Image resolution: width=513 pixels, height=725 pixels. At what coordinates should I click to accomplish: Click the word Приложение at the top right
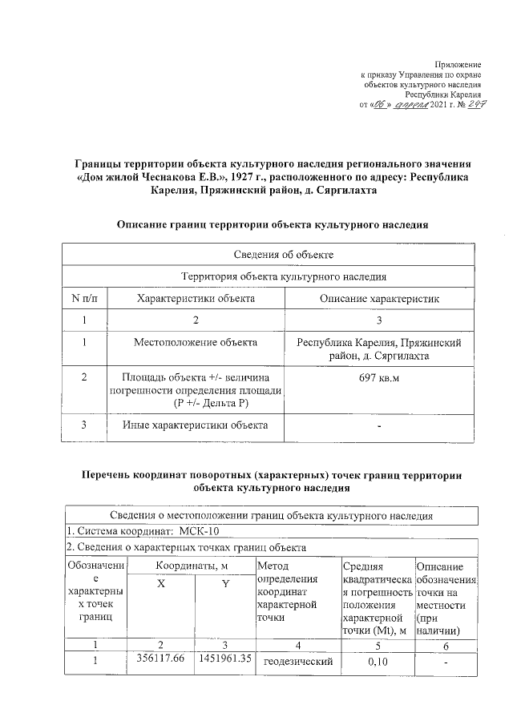point(458,63)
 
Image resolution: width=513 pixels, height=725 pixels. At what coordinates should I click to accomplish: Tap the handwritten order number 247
point(468,106)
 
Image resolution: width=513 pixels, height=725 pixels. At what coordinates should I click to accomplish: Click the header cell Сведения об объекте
point(272,254)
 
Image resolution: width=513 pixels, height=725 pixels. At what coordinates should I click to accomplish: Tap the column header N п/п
point(84,298)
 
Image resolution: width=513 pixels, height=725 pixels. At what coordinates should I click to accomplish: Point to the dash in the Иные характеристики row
point(379,425)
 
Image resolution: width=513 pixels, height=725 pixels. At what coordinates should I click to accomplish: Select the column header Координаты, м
point(192,566)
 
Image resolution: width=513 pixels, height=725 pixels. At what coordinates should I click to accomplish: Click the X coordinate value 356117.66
point(160,659)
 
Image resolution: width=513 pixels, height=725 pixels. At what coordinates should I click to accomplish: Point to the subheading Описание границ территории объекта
point(272,225)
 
